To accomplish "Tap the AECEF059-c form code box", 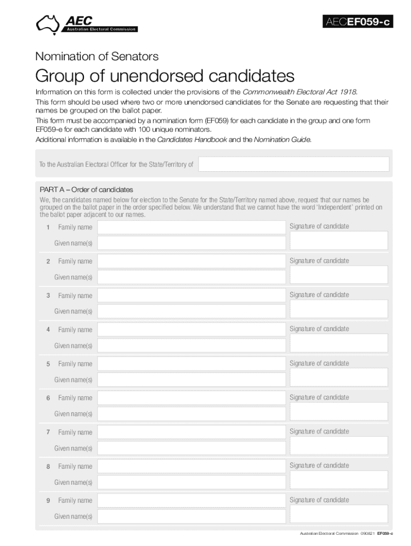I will coord(358,22).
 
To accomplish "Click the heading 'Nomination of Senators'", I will coord(97,56).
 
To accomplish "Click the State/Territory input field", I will coord(294,164).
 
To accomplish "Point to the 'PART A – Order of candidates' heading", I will coord(86,190).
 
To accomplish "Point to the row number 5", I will coord(48,364).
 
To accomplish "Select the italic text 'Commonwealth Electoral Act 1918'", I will coord(299,92).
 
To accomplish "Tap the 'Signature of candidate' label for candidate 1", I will coord(319,226).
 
